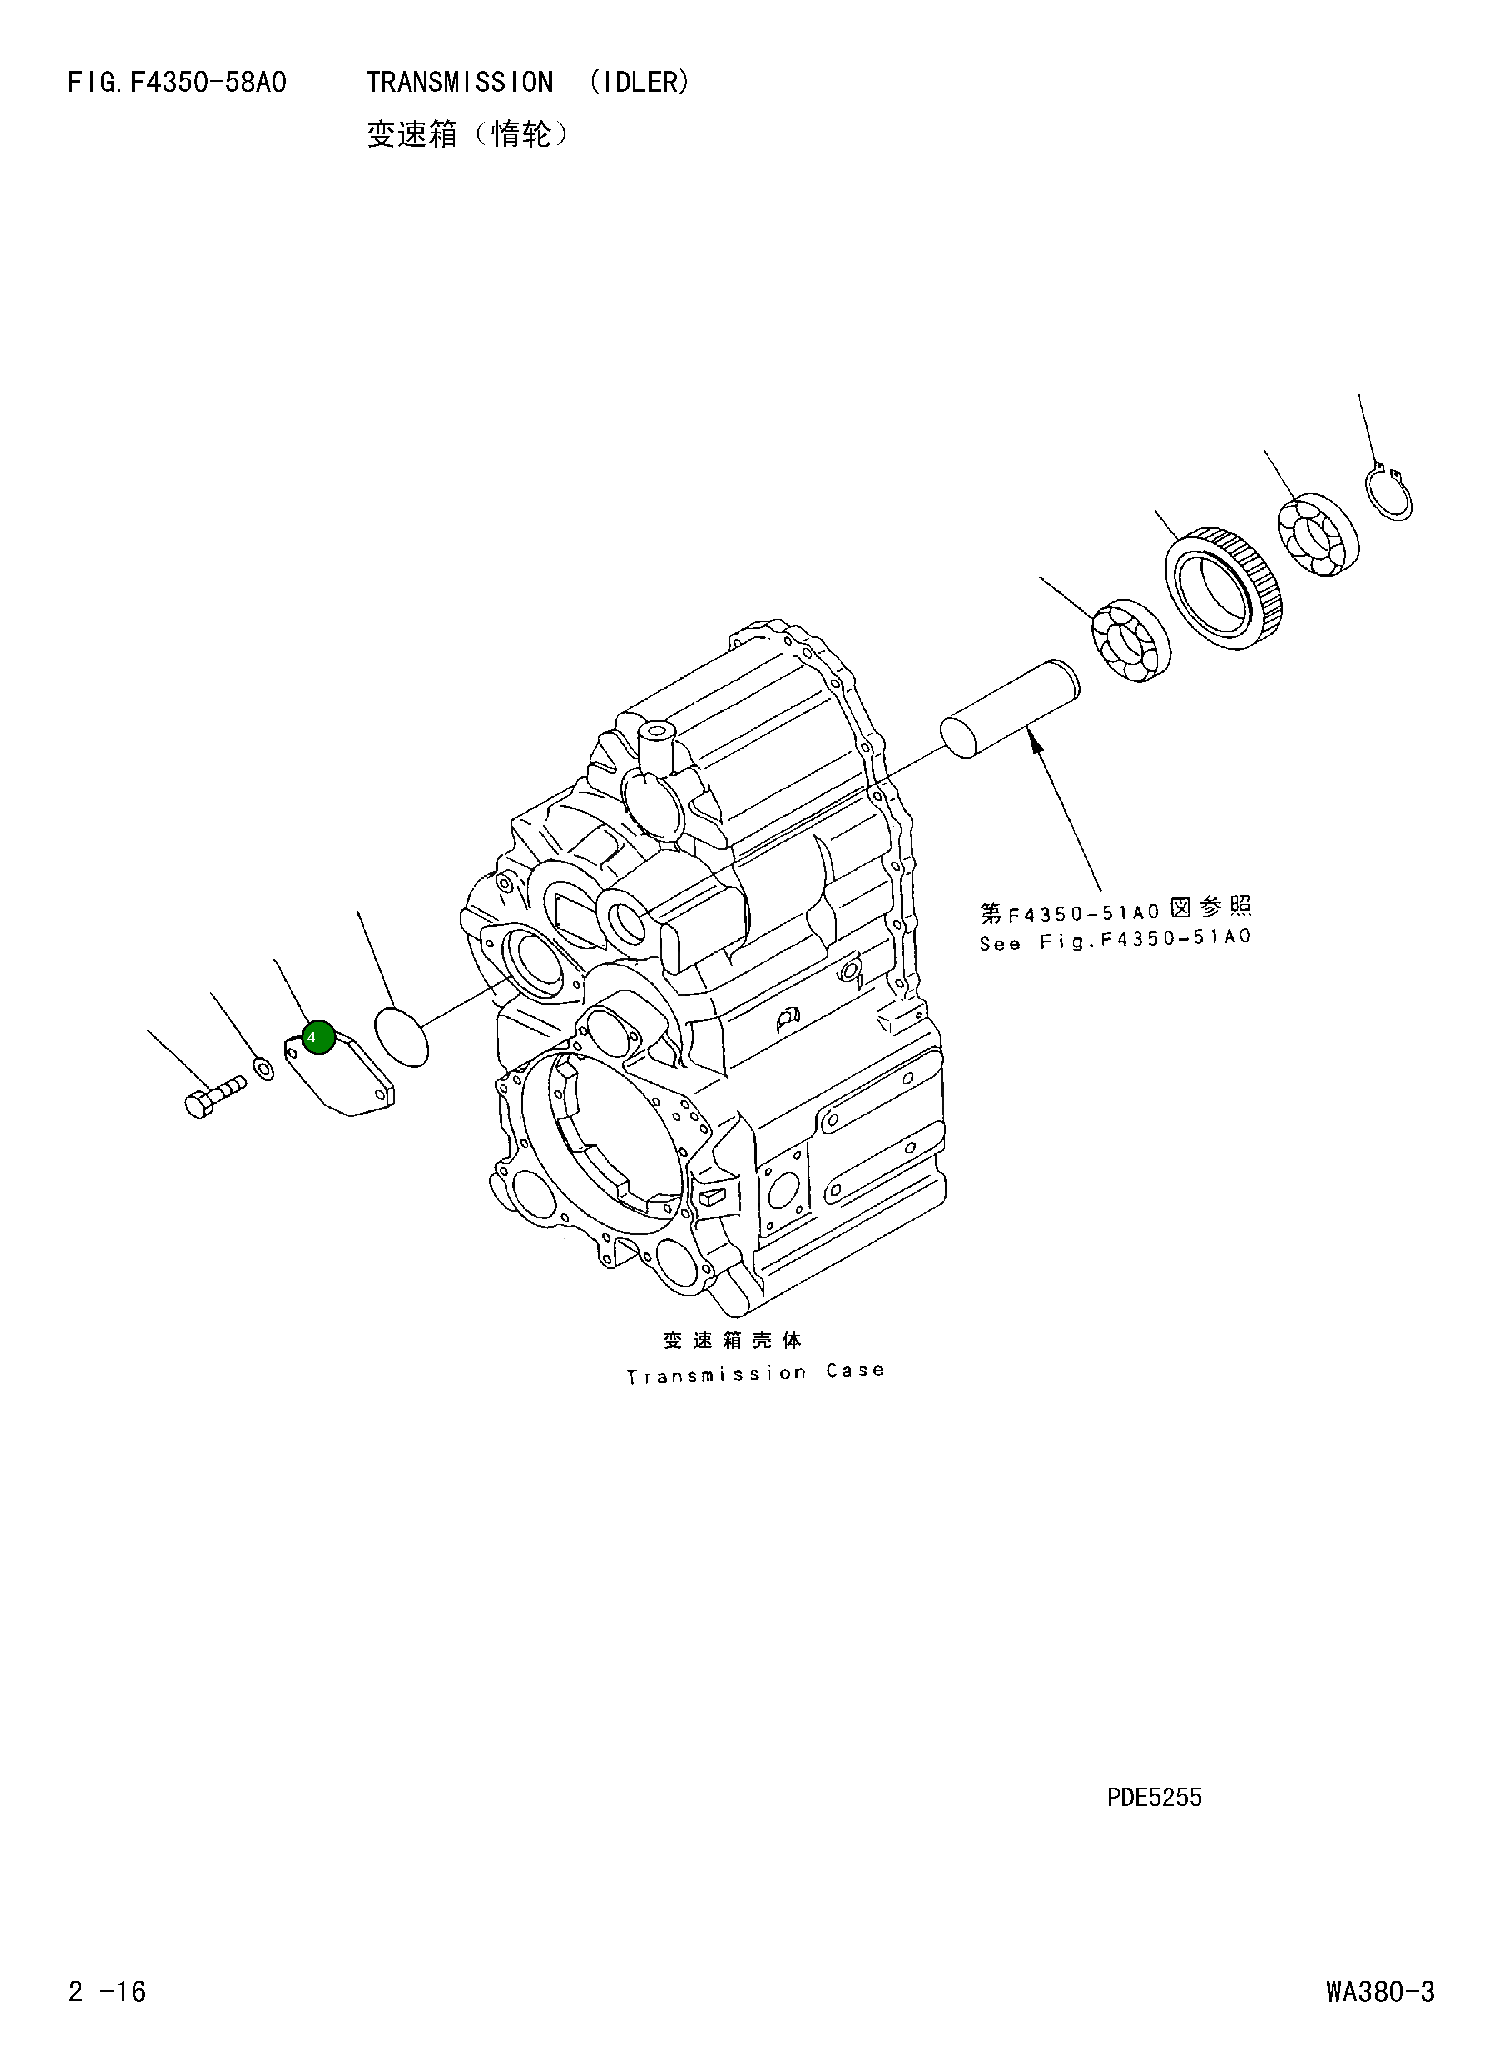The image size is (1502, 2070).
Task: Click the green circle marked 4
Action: coord(318,1037)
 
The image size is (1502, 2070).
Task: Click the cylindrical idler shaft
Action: coord(1009,709)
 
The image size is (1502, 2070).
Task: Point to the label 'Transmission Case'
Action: coord(754,1373)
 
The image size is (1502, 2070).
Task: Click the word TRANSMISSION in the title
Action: coord(459,83)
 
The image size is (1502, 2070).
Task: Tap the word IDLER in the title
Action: coord(639,83)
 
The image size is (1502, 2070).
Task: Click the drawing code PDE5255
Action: coord(1154,1798)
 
